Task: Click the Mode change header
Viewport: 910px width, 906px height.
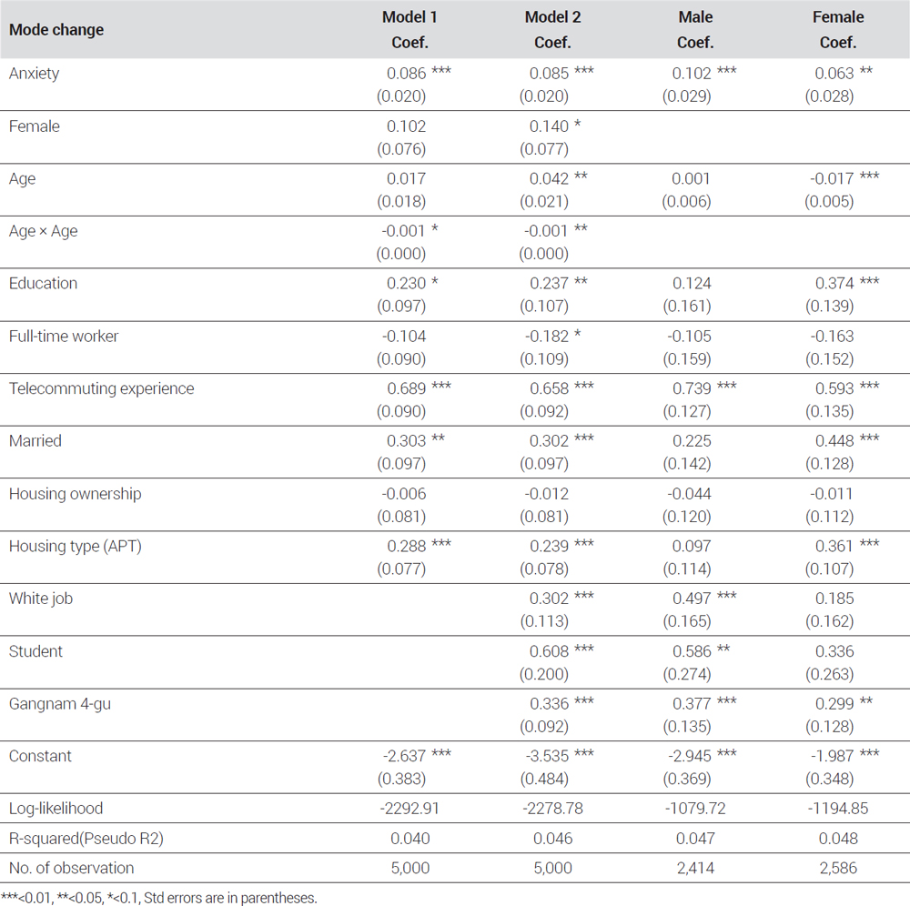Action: point(56,30)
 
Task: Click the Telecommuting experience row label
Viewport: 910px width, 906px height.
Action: point(102,388)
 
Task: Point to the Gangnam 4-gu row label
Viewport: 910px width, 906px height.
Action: point(60,703)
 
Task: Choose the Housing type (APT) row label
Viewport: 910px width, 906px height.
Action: point(75,547)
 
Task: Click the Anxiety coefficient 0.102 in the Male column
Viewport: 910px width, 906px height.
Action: point(692,74)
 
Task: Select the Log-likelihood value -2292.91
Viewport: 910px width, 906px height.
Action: point(409,808)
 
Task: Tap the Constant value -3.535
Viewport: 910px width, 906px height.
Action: point(547,756)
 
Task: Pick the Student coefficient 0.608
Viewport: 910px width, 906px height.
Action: point(549,651)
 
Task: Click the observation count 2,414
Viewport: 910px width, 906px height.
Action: point(695,868)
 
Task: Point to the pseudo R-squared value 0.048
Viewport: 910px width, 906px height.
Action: point(838,838)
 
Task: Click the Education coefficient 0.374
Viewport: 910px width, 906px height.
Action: point(834,284)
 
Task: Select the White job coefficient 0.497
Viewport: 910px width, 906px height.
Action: point(692,599)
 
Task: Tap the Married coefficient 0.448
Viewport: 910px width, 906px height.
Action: point(834,441)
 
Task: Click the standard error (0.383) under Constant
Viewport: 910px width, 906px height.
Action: point(401,779)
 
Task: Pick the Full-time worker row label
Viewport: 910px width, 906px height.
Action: point(64,337)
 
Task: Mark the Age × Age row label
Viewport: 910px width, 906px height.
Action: point(43,231)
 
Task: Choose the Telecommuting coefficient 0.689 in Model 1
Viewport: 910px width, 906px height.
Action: point(406,388)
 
